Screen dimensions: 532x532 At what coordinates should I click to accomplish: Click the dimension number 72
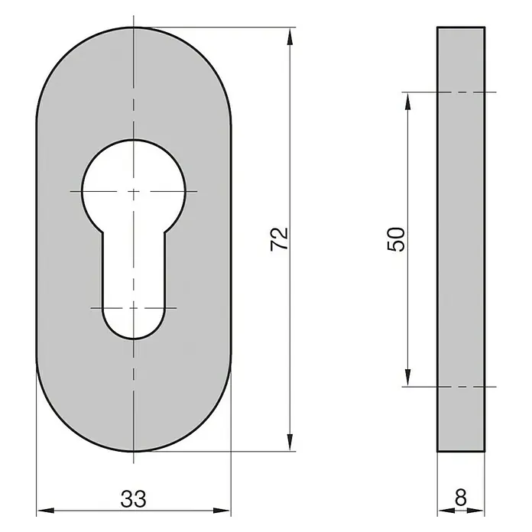click(x=279, y=238)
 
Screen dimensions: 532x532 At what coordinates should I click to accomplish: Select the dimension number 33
click(x=134, y=498)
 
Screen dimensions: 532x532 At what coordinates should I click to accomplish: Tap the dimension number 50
click(x=396, y=239)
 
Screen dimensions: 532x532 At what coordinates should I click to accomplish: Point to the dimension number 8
click(x=461, y=498)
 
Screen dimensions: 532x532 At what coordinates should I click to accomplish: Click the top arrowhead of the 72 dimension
click(x=290, y=37)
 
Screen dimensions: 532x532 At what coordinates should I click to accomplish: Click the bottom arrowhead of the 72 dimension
click(x=290, y=442)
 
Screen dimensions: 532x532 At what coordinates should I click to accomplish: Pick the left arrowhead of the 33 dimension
click(x=45, y=511)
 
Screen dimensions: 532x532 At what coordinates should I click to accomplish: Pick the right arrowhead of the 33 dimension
click(x=222, y=511)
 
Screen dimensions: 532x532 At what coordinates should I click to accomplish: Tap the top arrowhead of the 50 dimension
click(x=408, y=101)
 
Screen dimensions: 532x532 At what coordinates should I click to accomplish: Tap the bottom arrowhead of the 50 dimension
click(x=408, y=378)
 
